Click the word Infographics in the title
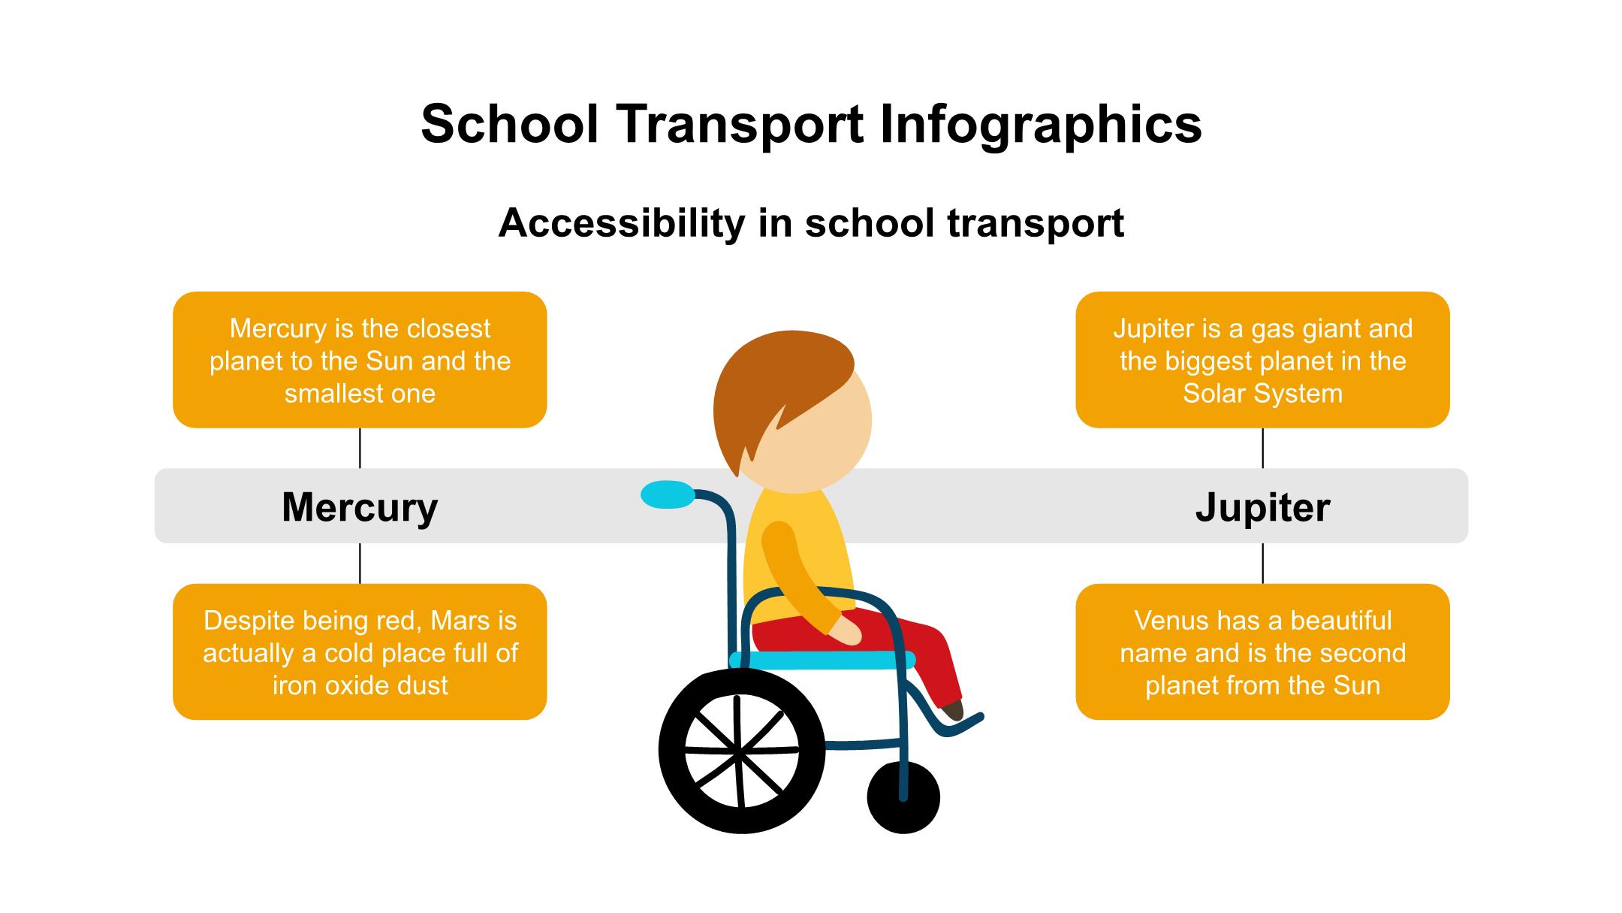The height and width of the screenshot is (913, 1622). click(x=1041, y=125)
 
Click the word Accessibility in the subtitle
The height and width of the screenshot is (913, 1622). click(x=623, y=223)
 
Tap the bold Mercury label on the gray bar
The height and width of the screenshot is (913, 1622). click(x=360, y=508)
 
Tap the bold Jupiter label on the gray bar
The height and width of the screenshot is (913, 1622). click(x=1263, y=507)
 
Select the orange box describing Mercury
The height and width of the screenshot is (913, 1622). click(x=360, y=360)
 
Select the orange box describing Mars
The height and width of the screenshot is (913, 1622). click(x=360, y=652)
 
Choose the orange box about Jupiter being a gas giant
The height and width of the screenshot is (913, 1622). click(x=1263, y=360)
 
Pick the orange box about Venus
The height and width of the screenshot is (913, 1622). click(x=1263, y=652)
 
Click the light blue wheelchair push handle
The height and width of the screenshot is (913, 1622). click(x=668, y=494)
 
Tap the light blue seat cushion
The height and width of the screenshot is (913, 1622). click(x=822, y=661)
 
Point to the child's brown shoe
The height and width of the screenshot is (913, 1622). click(x=953, y=709)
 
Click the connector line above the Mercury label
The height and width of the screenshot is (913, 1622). click(x=360, y=449)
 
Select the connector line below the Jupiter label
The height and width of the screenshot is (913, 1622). click(x=1263, y=564)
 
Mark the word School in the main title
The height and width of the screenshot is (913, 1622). click(x=509, y=125)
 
